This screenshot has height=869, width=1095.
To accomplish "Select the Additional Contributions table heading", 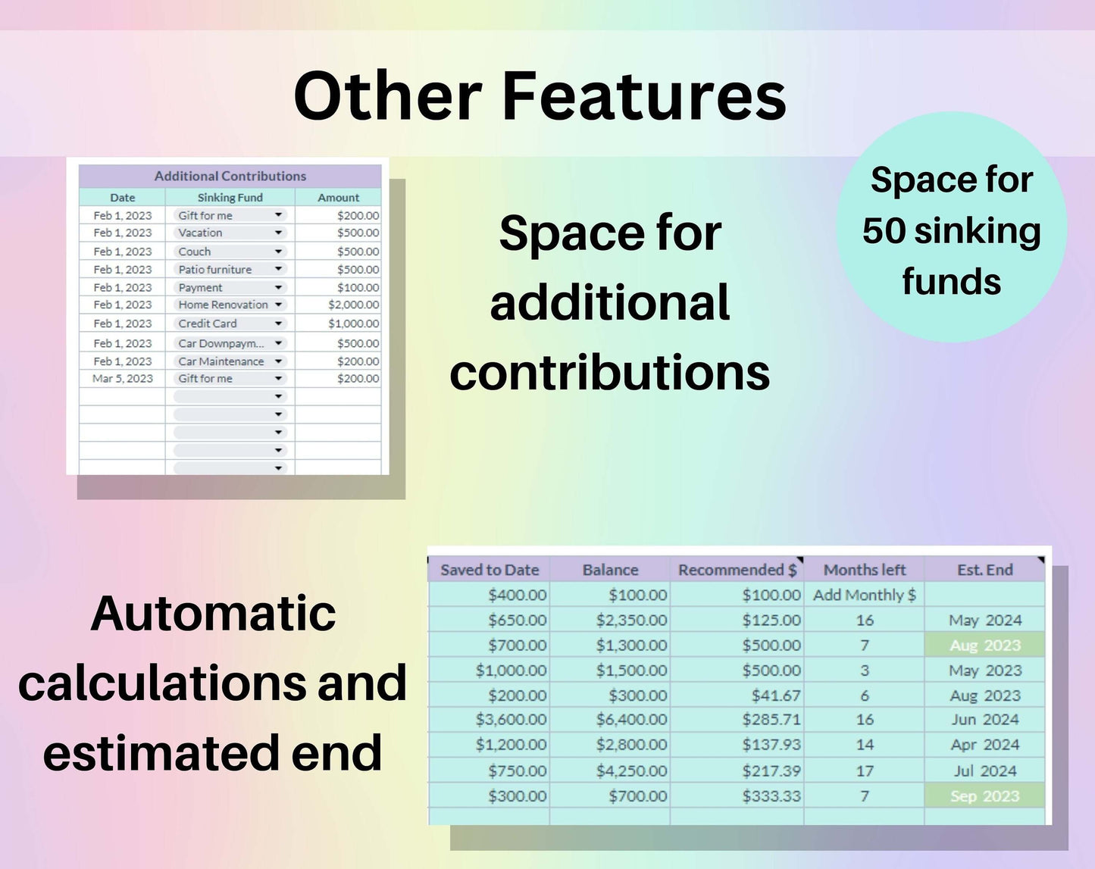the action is point(230,176).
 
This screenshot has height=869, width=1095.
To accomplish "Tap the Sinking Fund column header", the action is point(230,198).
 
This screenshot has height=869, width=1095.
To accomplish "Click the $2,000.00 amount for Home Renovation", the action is point(354,305).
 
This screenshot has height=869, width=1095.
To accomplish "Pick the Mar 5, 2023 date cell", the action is point(123,379).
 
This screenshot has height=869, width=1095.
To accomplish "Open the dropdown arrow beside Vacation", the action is point(278,233).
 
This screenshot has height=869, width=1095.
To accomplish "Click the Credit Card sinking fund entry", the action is point(208,324).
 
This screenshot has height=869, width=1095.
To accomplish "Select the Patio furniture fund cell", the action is point(214,270).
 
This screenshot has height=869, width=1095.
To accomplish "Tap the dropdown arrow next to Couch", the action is point(278,252).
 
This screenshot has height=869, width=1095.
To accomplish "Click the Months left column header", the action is point(865,570).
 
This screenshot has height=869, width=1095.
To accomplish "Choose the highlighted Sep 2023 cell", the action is point(984,796).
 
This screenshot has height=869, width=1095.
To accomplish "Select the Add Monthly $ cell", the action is point(865,595).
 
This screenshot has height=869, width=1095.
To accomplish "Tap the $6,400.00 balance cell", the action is point(631,720).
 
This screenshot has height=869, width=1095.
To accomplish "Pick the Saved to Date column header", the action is point(490,570).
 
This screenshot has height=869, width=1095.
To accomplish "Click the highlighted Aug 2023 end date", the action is point(984,645).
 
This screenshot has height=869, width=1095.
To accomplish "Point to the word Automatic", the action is point(213,614).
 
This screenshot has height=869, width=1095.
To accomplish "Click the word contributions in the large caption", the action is point(609,373).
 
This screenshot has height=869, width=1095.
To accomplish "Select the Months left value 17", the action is point(865,771).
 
